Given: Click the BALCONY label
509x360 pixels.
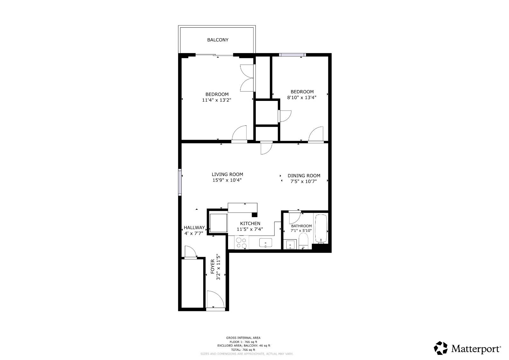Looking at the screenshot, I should [218, 40].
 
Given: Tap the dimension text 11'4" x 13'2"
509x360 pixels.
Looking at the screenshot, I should [216, 100].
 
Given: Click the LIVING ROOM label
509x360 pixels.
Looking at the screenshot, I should [227, 174].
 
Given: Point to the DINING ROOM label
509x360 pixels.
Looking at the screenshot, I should [304, 176].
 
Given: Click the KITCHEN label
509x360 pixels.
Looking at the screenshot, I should [250, 223].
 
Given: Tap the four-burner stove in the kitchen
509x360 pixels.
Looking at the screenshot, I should [241, 243].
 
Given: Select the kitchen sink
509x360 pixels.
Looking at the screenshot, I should [266, 243].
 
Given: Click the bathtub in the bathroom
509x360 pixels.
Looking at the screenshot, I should [321, 229].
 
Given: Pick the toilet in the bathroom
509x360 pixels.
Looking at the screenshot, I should [303, 241].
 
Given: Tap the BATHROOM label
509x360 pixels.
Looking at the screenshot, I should [301, 226].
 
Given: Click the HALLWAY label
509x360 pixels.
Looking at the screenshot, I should [194, 228].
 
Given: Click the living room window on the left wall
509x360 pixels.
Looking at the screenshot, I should [180, 182].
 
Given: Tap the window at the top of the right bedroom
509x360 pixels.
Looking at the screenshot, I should [292, 55].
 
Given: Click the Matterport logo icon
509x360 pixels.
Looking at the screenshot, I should [441, 348].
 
